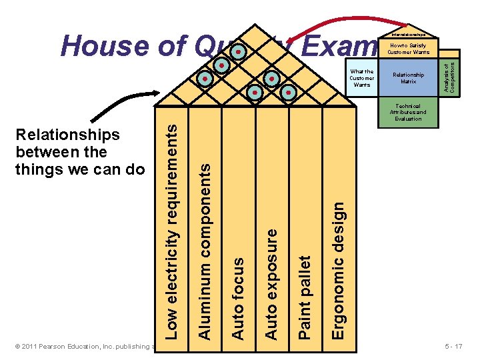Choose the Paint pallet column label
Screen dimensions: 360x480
305,295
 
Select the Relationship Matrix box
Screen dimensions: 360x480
408,78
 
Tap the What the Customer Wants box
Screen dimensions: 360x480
362,78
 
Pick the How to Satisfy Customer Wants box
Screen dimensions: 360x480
408,48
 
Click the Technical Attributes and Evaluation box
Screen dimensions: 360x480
408,112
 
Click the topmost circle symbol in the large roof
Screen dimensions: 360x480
239,51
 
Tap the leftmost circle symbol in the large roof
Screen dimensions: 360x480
206,79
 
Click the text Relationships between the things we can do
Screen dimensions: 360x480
79,152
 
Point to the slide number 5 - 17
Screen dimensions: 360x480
458,347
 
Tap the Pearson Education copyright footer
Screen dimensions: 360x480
83,347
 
